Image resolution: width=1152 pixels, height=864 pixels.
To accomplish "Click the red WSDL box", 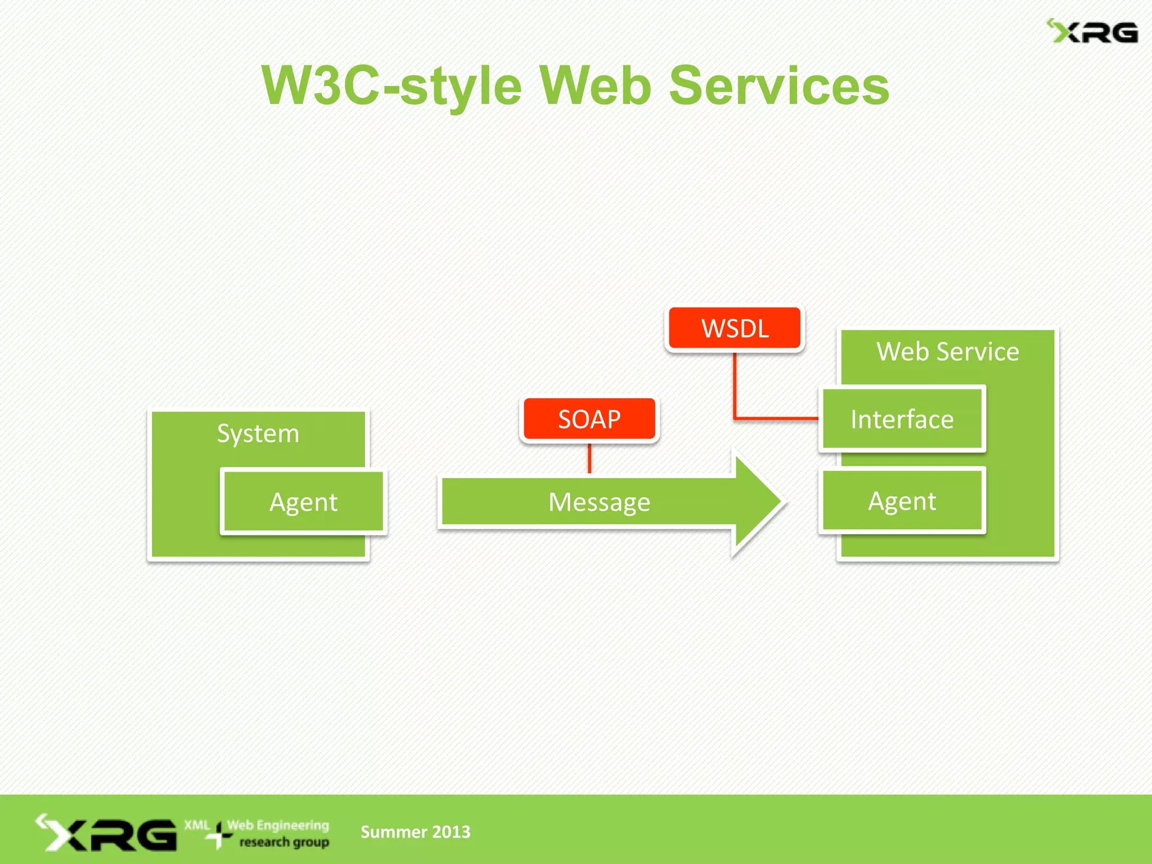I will click(x=735, y=328).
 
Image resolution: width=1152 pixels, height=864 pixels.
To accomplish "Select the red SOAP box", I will click(x=589, y=419).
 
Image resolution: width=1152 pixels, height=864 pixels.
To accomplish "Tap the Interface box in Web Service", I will click(x=902, y=420).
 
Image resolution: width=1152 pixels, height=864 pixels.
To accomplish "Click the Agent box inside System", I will click(x=304, y=502).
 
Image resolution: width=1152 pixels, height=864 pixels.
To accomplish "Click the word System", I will click(x=258, y=433).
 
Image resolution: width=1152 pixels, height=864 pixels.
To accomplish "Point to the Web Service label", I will click(x=947, y=352).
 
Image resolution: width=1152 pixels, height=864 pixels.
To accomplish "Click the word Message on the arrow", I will click(x=599, y=502).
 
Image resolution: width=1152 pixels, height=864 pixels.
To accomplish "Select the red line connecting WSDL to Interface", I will click(x=735, y=388).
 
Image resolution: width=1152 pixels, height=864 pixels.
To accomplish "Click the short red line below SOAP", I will click(x=589, y=458).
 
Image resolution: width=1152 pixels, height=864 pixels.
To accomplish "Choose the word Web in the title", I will click(x=595, y=85).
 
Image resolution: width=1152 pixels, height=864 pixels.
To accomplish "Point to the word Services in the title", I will click(x=779, y=85).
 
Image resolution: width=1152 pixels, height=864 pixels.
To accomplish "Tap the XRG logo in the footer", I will click(x=107, y=833).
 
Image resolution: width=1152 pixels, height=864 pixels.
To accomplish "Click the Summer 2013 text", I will click(x=415, y=831).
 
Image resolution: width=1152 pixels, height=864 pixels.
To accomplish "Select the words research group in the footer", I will click(x=284, y=842).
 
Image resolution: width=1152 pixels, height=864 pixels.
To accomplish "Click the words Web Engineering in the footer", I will click(x=278, y=825).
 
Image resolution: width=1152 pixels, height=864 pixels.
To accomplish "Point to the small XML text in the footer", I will click(x=197, y=825).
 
